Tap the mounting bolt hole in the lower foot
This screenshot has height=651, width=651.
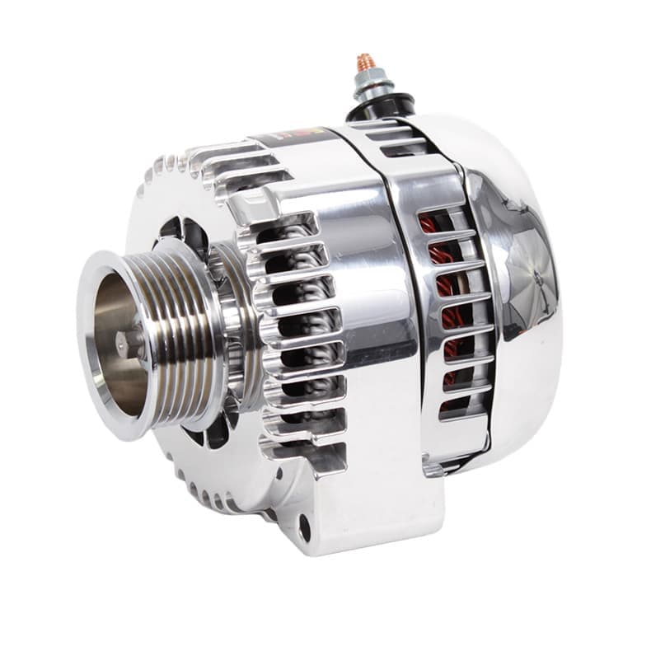(306, 527)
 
